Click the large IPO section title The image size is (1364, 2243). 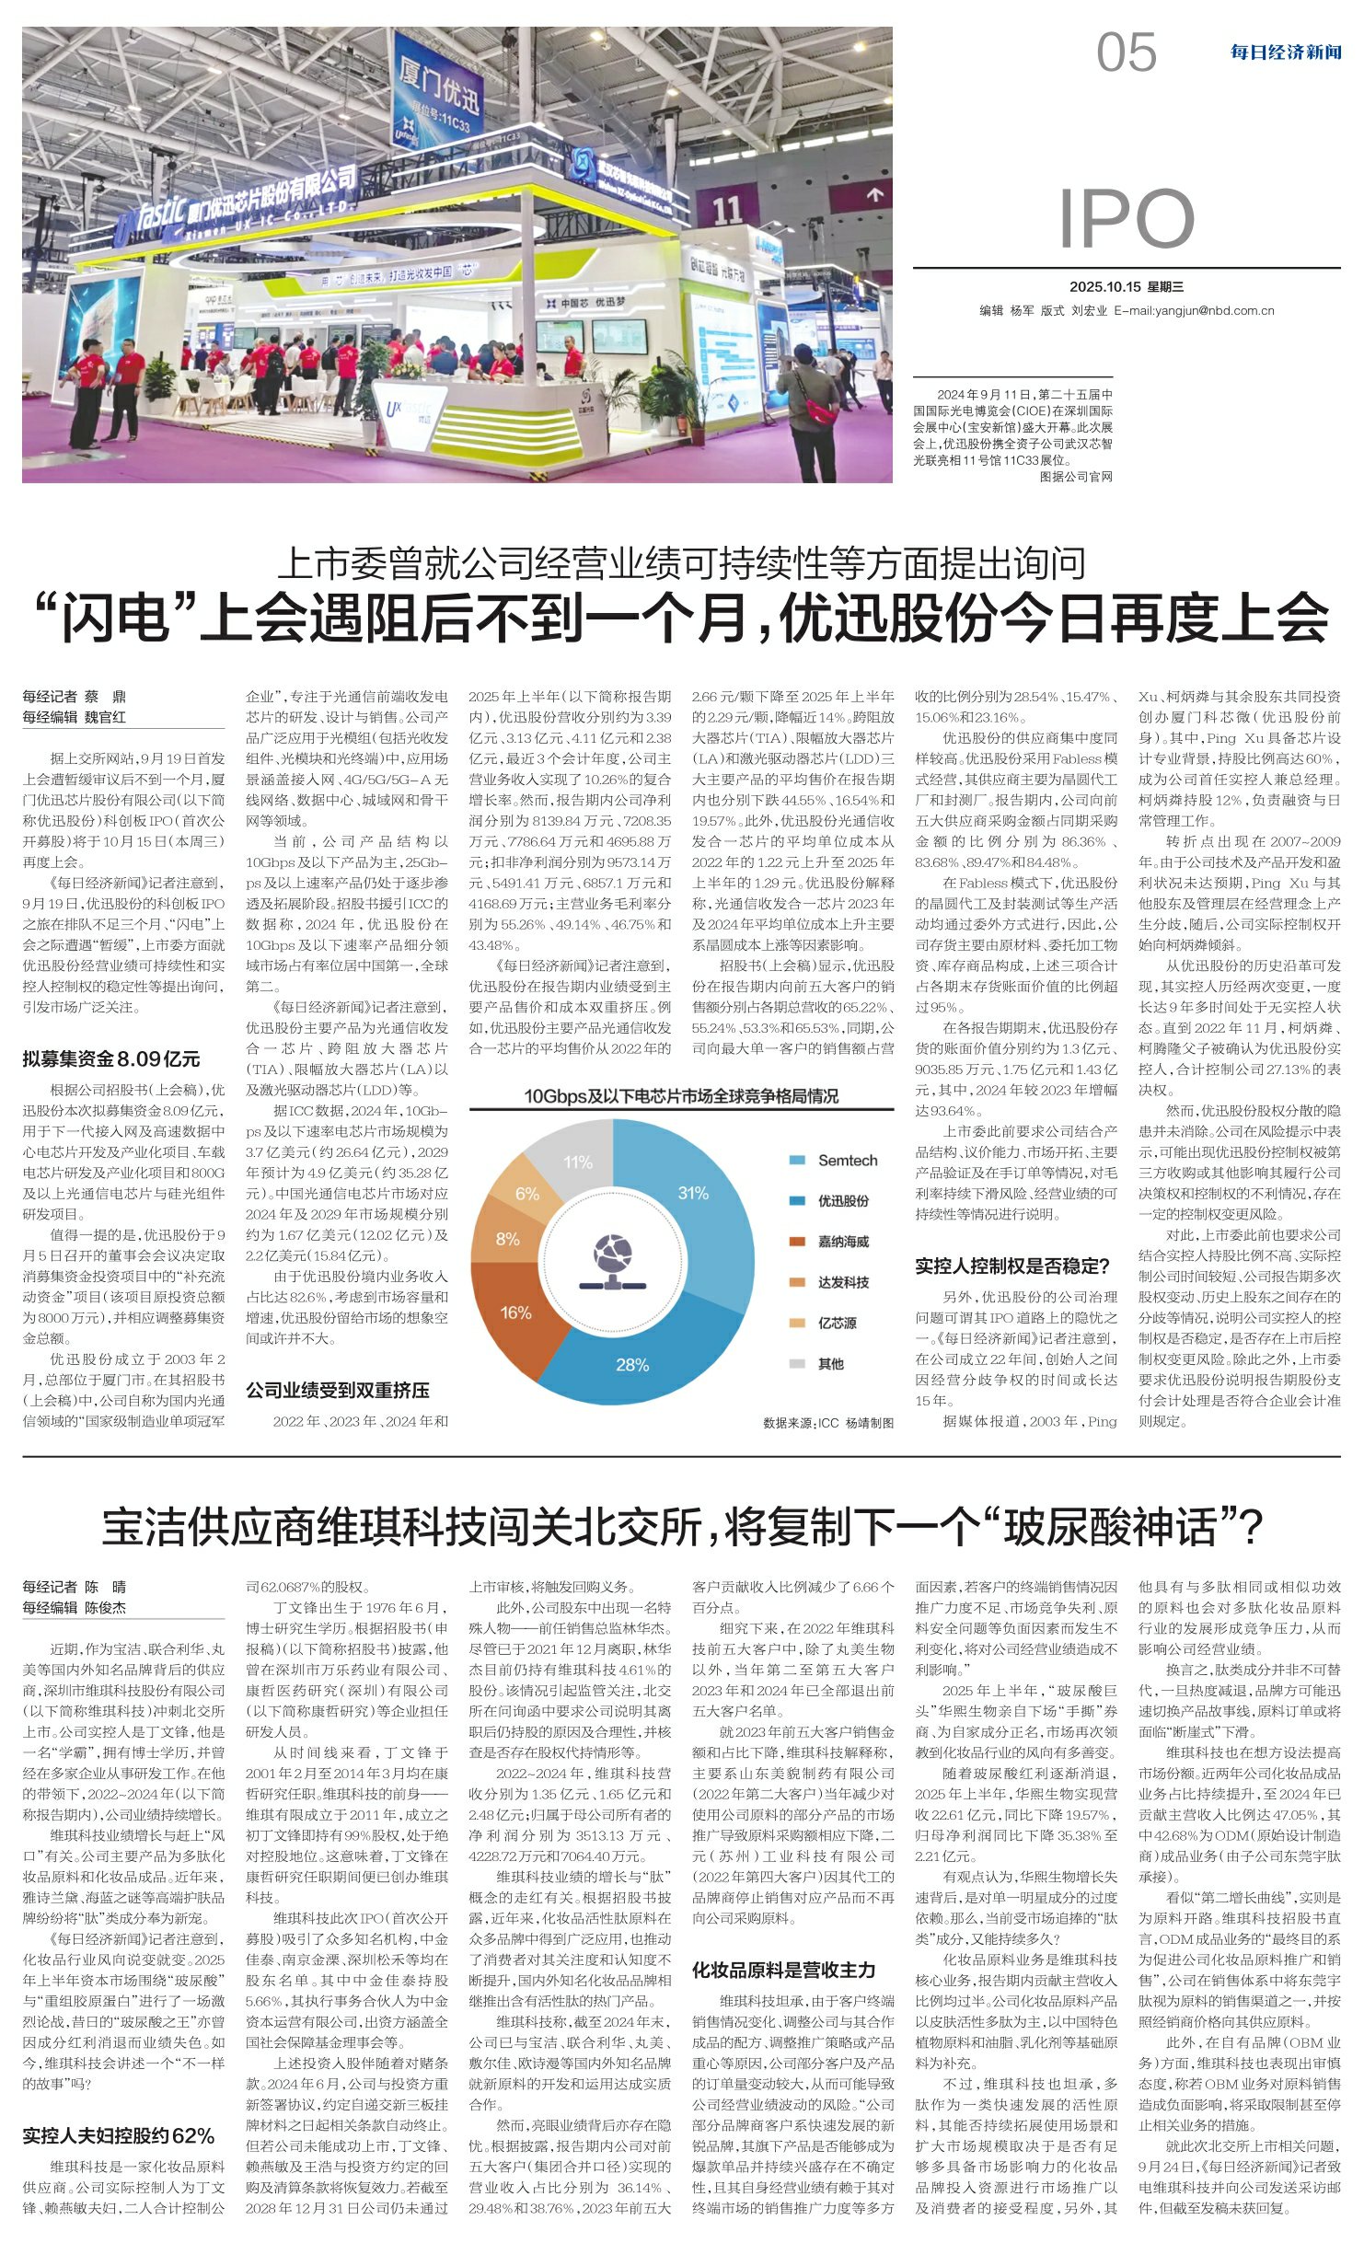click(1126, 219)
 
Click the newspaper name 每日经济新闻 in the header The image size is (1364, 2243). click(1285, 52)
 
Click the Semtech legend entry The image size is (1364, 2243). click(847, 1161)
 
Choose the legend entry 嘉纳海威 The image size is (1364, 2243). click(843, 1242)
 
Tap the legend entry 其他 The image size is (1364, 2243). click(830, 1363)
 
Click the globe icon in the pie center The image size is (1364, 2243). click(614, 1261)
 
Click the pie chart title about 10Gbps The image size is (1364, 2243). click(680, 1095)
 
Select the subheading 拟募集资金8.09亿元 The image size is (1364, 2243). click(111, 1058)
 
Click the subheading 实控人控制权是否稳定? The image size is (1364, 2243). click(1012, 1266)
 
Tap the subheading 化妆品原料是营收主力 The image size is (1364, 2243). click(783, 1970)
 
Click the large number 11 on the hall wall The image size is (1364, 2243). click(727, 211)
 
